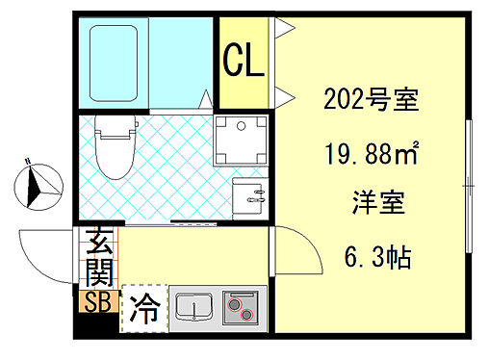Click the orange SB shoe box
[x=98, y=301]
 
